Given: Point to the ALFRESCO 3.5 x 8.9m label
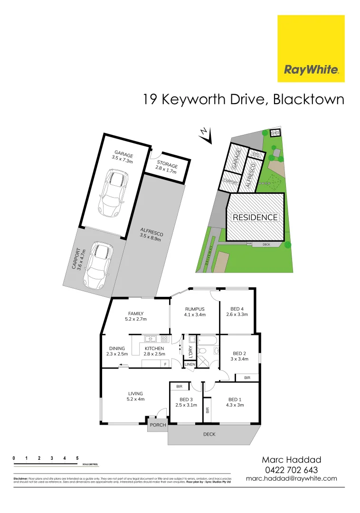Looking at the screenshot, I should [x=151, y=234].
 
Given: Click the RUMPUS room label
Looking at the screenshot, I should [x=195, y=312].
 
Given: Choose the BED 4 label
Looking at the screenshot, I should [x=237, y=312].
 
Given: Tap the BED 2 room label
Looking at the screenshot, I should [x=239, y=356].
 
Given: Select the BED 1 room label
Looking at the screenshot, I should [x=236, y=402].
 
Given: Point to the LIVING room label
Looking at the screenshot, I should [x=135, y=396].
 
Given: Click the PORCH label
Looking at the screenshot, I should [x=158, y=425].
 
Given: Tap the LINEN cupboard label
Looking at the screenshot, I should [x=190, y=364].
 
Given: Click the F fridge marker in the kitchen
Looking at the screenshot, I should [x=165, y=364].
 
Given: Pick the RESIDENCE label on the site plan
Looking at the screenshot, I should [x=255, y=218].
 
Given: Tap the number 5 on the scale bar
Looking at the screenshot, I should [x=77, y=458].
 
